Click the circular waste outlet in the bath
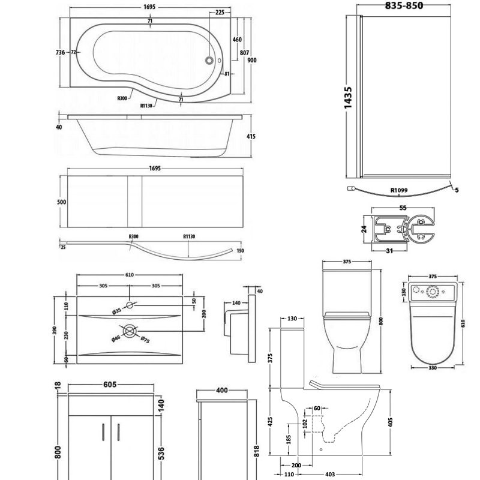click(x=209, y=60)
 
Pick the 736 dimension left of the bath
click(x=59, y=53)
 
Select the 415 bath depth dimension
click(x=251, y=137)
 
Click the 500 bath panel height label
click(x=61, y=202)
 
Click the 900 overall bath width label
click(x=253, y=60)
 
